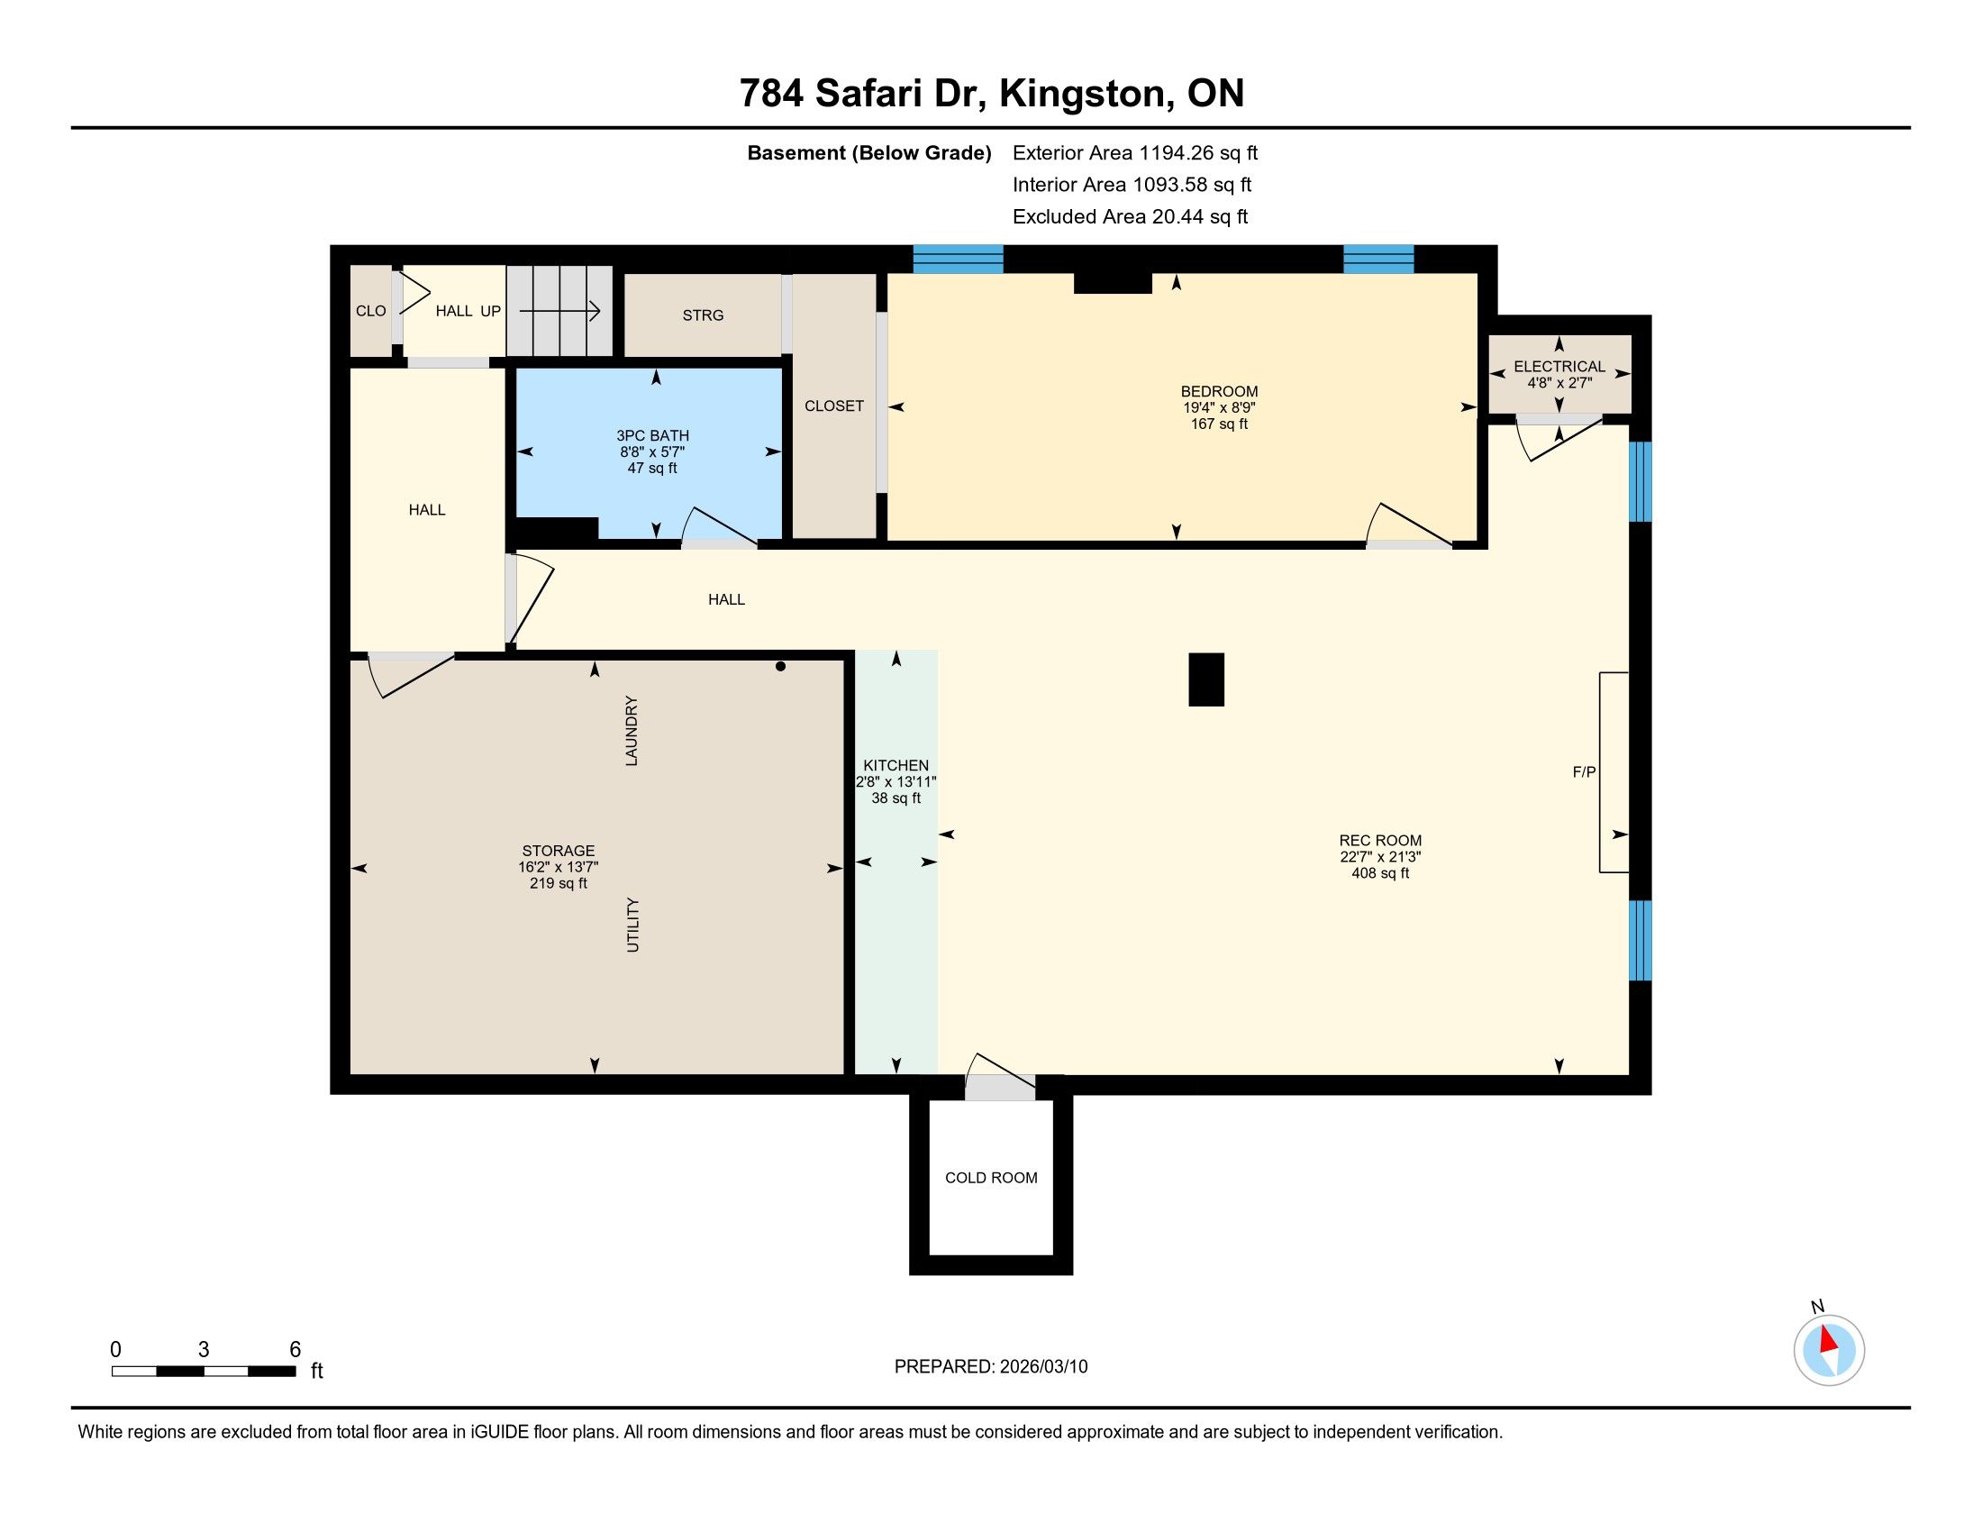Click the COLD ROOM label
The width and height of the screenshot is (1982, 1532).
tap(991, 1178)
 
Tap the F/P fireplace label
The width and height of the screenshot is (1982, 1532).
tap(1584, 772)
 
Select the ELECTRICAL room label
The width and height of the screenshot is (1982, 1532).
tap(1559, 367)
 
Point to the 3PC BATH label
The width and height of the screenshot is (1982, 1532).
tap(652, 435)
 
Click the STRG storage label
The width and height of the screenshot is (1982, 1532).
tap(704, 315)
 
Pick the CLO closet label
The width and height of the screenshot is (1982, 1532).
tap(370, 311)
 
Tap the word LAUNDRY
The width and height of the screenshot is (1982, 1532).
tap(632, 731)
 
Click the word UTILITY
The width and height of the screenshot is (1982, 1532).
tap(632, 925)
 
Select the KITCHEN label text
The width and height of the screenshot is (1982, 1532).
tap(896, 766)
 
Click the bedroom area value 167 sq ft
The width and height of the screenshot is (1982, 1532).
tap(1219, 424)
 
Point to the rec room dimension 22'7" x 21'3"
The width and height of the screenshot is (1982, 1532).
tap(1380, 857)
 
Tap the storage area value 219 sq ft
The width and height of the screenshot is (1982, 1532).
tap(559, 883)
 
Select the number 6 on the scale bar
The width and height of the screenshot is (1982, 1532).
tap(295, 1350)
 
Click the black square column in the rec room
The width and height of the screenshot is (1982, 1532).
tap(1206, 679)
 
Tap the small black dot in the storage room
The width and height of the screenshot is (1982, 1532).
tap(780, 667)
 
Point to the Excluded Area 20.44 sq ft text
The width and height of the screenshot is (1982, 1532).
tap(1130, 217)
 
